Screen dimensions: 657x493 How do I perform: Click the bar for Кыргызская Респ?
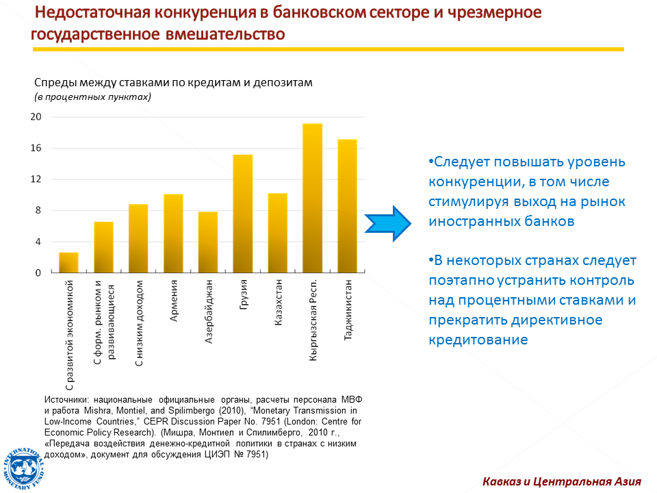[313, 198]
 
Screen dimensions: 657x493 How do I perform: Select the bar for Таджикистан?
[348, 206]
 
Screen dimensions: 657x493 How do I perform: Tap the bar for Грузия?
[243, 214]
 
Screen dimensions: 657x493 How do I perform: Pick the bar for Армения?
[173, 233]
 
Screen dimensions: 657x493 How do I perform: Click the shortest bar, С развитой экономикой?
[68, 262]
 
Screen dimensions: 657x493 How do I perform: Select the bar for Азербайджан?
[208, 242]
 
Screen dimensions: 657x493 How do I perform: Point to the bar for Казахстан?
[278, 233]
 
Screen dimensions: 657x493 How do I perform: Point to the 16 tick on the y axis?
[36, 148]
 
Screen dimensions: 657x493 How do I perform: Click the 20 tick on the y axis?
[36, 116]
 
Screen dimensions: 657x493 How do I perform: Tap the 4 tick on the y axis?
[38, 242]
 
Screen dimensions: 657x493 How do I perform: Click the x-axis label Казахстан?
[279, 302]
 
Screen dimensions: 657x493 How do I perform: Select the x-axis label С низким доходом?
[139, 323]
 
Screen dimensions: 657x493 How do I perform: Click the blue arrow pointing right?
[388, 223]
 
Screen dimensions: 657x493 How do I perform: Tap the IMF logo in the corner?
[23, 468]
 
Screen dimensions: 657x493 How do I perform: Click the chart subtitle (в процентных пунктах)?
[92, 97]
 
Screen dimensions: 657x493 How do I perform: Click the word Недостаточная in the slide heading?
[92, 12]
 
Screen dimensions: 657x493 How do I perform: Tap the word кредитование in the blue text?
[478, 340]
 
